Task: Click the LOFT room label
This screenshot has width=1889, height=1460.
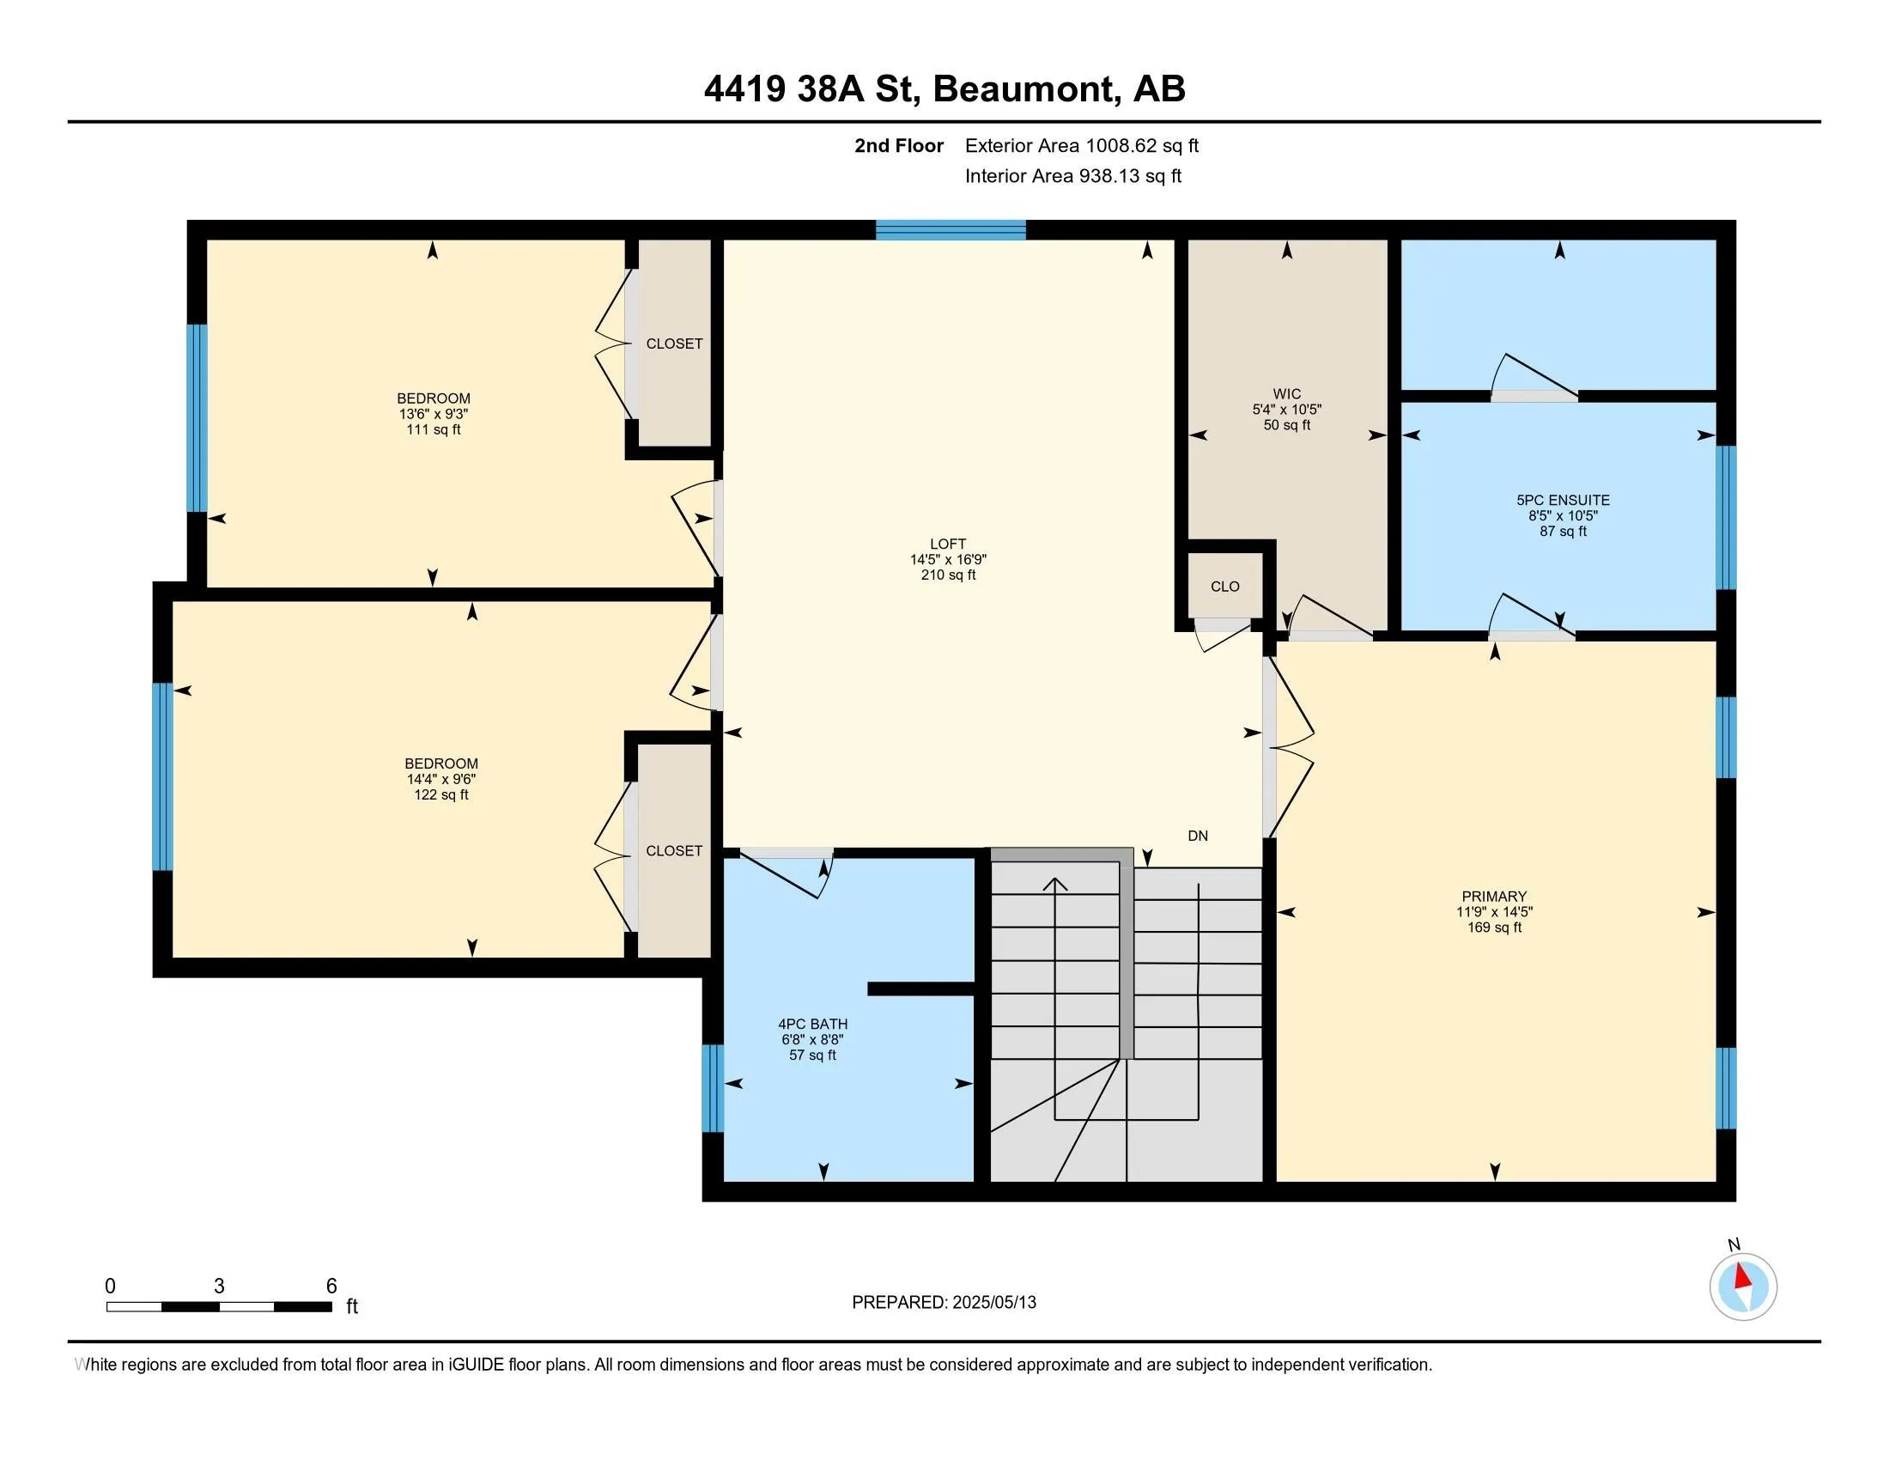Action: [948, 544]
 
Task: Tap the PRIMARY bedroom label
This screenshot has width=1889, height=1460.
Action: [1494, 896]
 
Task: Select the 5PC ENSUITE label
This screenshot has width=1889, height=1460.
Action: [1563, 500]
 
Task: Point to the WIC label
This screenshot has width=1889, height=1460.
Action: [1287, 393]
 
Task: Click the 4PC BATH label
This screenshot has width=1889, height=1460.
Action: [813, 1024]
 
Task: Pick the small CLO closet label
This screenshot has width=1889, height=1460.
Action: [1224, 587]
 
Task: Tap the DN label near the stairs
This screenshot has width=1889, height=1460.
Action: [1198, 836]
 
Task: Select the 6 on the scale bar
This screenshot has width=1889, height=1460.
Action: [331, 1287]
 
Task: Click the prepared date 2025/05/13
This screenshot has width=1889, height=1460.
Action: [993, 1302]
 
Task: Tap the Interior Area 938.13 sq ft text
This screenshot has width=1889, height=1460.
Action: [1073, 175]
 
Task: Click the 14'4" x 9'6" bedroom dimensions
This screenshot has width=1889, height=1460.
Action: [441, 779]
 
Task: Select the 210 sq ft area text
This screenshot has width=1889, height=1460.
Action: [948, 575]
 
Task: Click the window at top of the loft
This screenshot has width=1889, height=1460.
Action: [951, 230]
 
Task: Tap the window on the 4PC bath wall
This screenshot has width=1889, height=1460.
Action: [712, 1088]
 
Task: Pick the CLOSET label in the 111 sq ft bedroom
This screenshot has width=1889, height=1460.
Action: [675, 344]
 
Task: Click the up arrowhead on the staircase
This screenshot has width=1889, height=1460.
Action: [1055, 884]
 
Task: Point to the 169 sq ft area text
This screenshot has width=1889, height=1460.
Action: [1494, 928]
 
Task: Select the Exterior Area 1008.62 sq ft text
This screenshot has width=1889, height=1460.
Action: [1082, 145]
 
